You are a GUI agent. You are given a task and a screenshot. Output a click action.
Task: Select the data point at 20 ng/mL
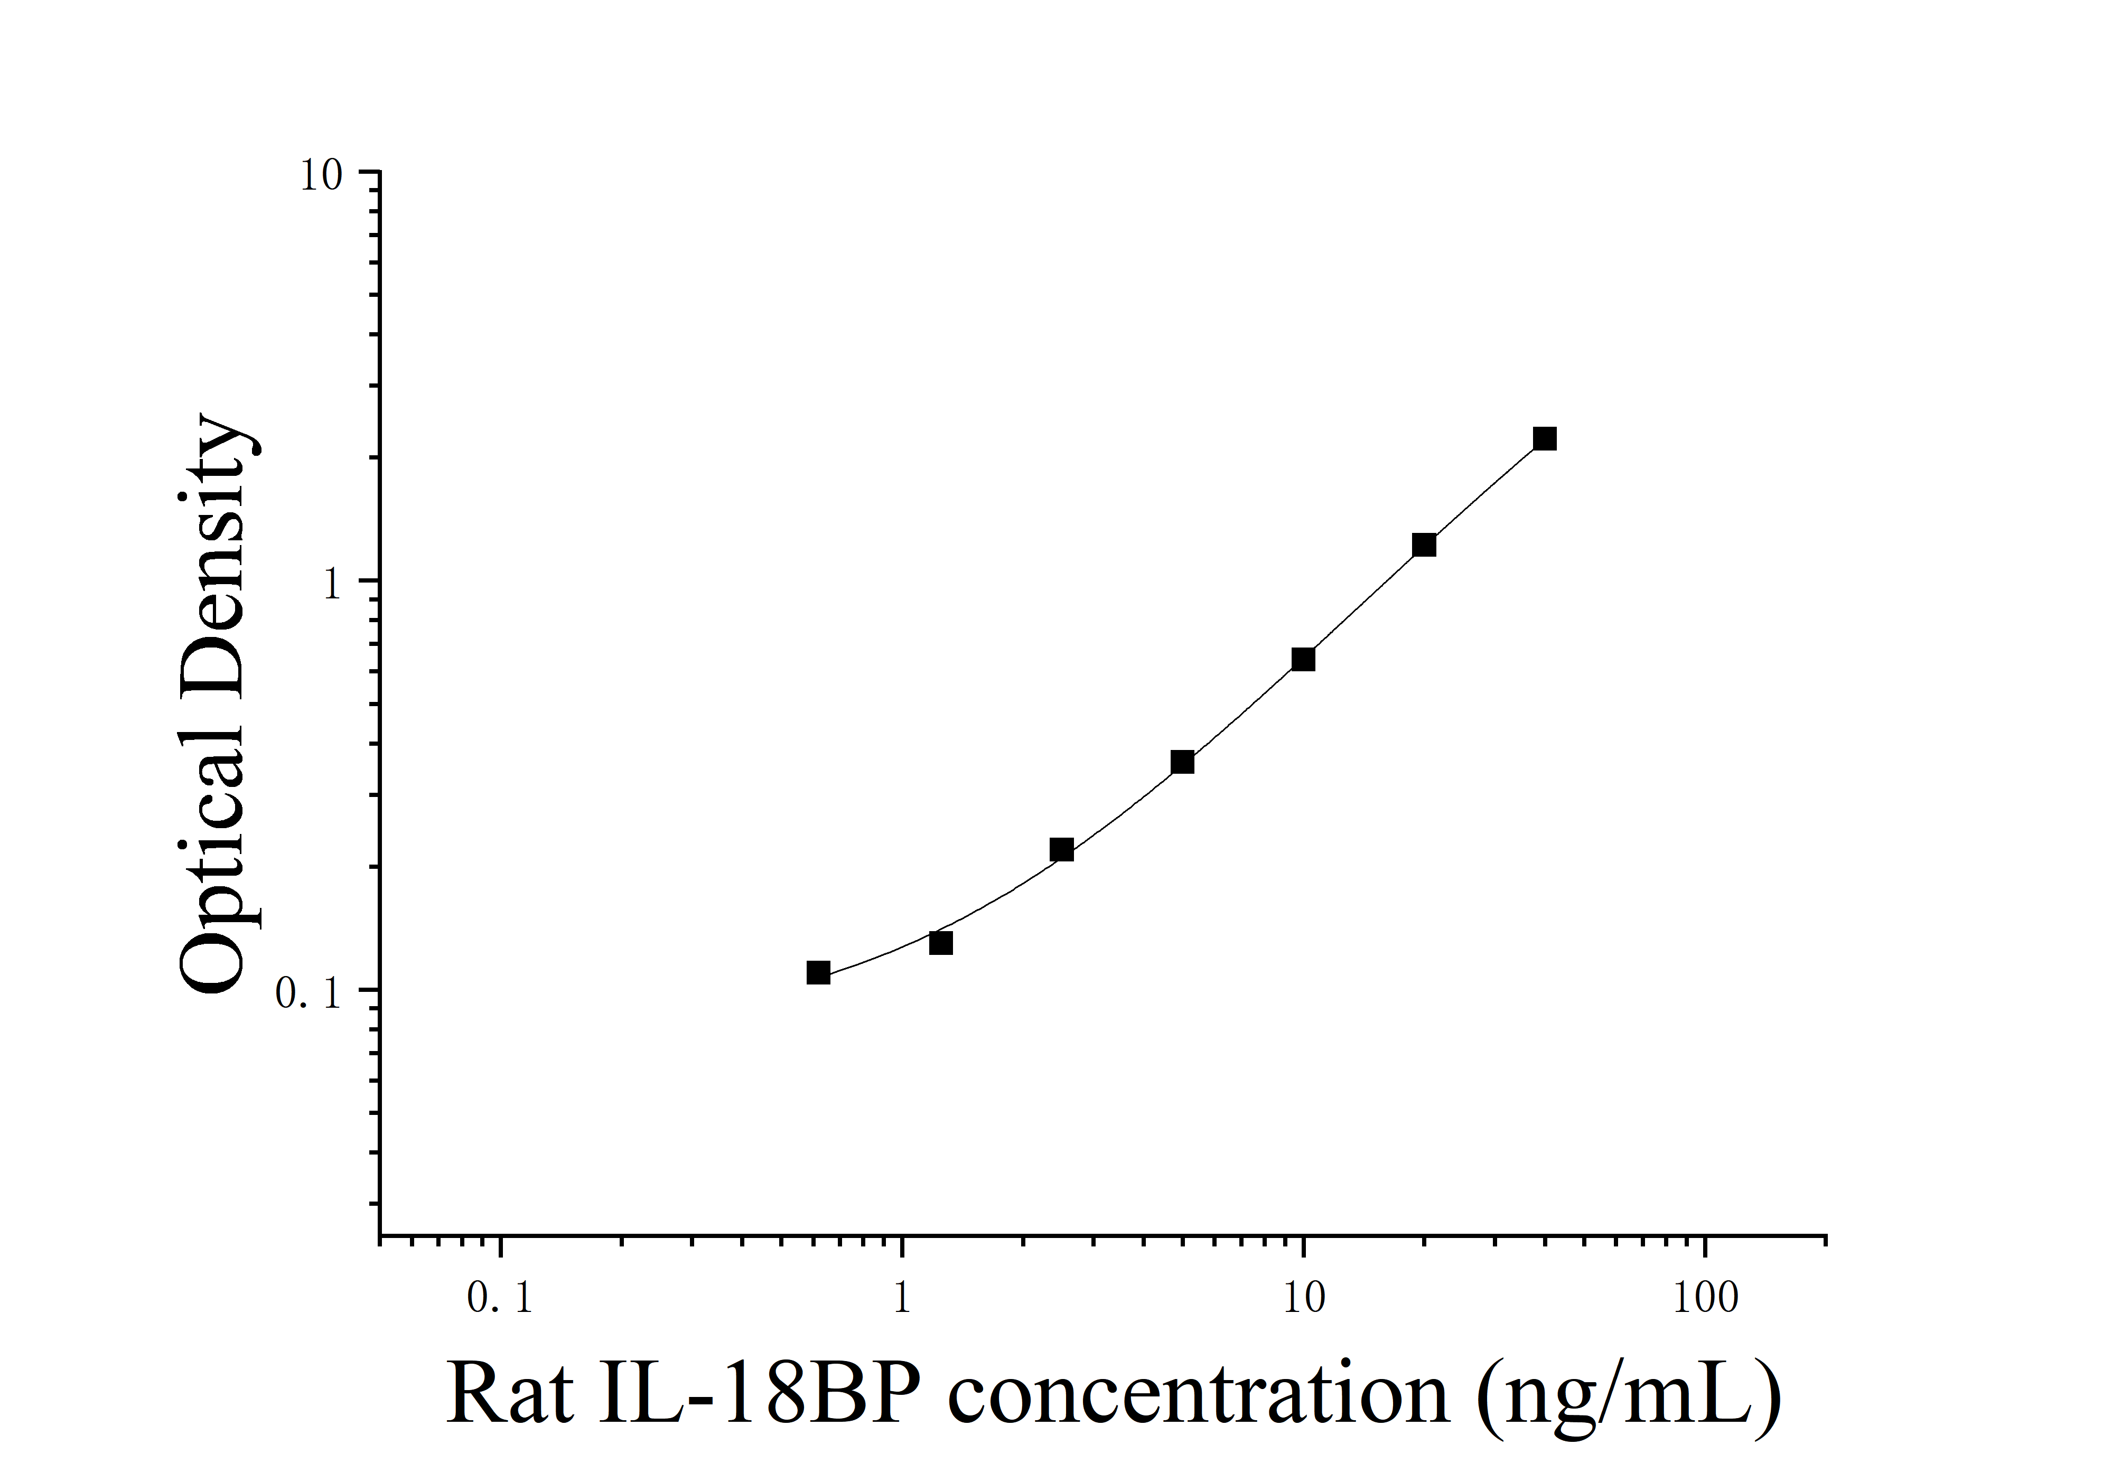[x=1424, y=545]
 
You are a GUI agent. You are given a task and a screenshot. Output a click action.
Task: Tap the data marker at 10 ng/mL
[x=1303, y=659]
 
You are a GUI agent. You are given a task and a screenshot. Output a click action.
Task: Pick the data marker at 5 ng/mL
[x=1182, y=762]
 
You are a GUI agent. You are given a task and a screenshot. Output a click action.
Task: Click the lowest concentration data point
[x=818, y=972]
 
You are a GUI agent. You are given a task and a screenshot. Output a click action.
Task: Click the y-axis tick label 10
[x=321, y=175]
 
